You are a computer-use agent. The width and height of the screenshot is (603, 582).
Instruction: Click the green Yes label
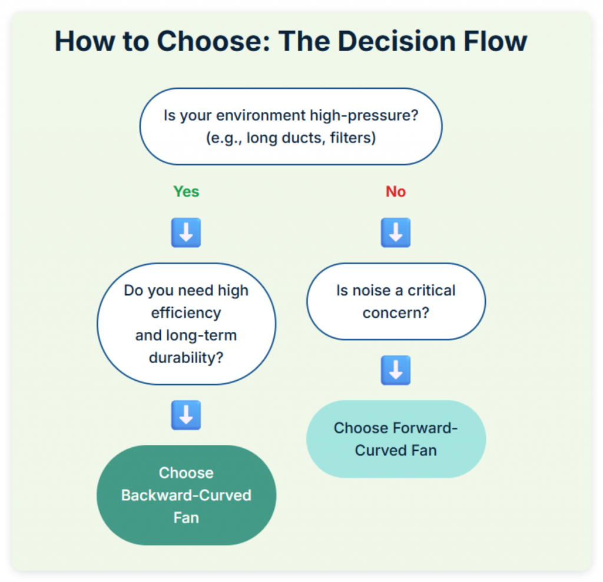coord(186,192)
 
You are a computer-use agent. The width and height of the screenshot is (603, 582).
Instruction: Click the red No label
coord(396,192)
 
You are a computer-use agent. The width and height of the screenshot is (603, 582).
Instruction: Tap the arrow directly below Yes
coord(186,233)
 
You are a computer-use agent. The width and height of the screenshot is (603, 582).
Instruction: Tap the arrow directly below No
coord(396,233)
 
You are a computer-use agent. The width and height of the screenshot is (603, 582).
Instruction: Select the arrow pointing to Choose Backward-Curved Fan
coord(186,415)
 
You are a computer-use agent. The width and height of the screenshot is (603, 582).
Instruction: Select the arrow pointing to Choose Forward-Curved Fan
coord(396,371)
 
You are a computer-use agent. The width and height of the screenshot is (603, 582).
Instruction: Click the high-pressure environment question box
coord(290,127)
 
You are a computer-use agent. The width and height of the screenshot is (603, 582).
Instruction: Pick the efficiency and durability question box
coord(186,324)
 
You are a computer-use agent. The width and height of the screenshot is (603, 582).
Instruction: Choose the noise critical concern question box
coord(396,301)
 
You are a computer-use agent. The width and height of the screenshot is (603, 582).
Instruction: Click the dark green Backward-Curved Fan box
coord(186,495)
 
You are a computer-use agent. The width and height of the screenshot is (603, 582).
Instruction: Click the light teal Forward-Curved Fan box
coord(396,439)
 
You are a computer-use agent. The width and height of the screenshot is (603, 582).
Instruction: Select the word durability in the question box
coord(186,357)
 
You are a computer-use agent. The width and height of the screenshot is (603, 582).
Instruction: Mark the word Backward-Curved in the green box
coord(186,495)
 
